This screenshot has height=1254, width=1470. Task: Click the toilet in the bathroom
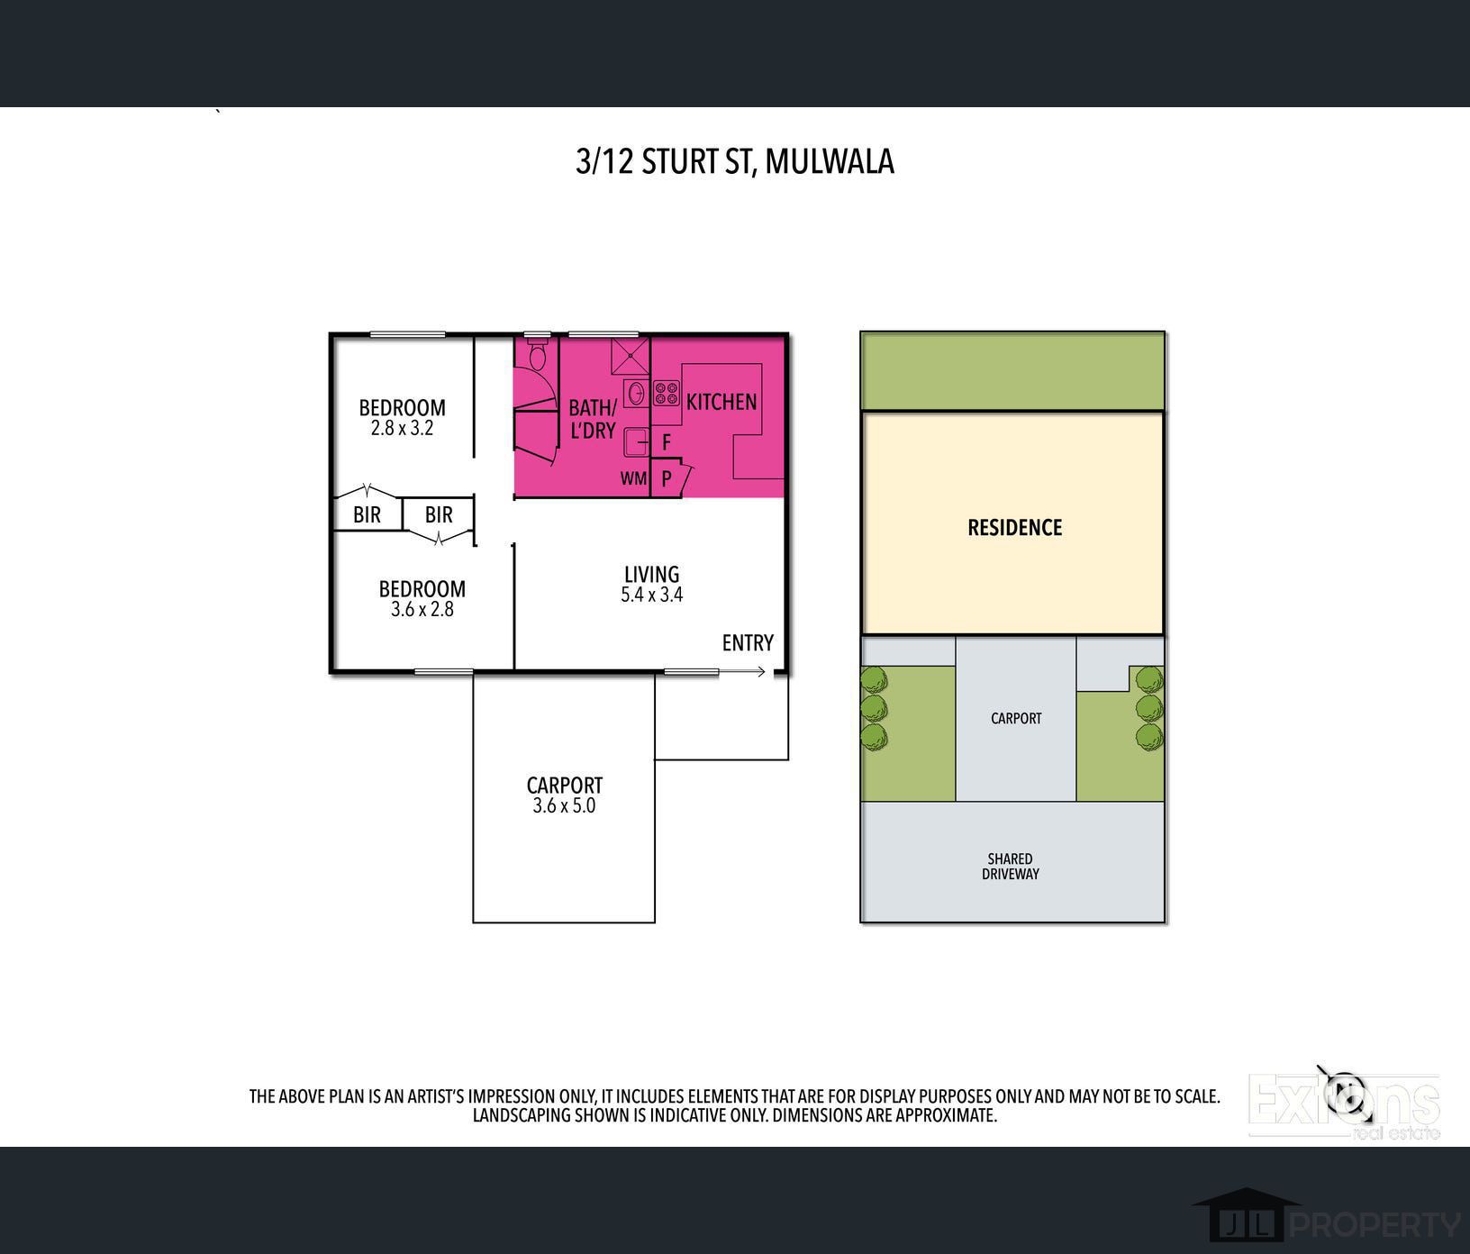(x=538, y=355)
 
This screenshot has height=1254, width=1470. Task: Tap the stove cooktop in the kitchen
(x=667, y=393)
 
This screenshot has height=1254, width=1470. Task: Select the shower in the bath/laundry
(x=630, y=356)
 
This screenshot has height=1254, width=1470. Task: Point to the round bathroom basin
(x=636, y=393)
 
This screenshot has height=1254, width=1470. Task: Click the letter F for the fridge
(x=667, y=442)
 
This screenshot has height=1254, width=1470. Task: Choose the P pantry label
(x=667, y=478)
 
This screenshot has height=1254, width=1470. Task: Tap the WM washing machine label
(x=633, y=478)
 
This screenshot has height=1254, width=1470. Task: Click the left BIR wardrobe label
(x=367, y=514)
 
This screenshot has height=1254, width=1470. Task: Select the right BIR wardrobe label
(x=439, y=514)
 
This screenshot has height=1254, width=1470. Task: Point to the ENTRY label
(x=748, y=642)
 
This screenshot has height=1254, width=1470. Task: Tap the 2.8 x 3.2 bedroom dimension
(x=402, y=429)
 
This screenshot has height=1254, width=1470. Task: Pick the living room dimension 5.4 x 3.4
(x=651, y=595)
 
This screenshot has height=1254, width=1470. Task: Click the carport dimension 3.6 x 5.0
(x=564, y=805)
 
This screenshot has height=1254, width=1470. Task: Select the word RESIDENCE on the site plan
(x=1014, y=527)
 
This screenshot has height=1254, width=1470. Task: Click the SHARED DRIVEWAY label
(x=1010, y=866)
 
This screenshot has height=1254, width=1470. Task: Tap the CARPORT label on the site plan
(x=1016, y=718)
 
